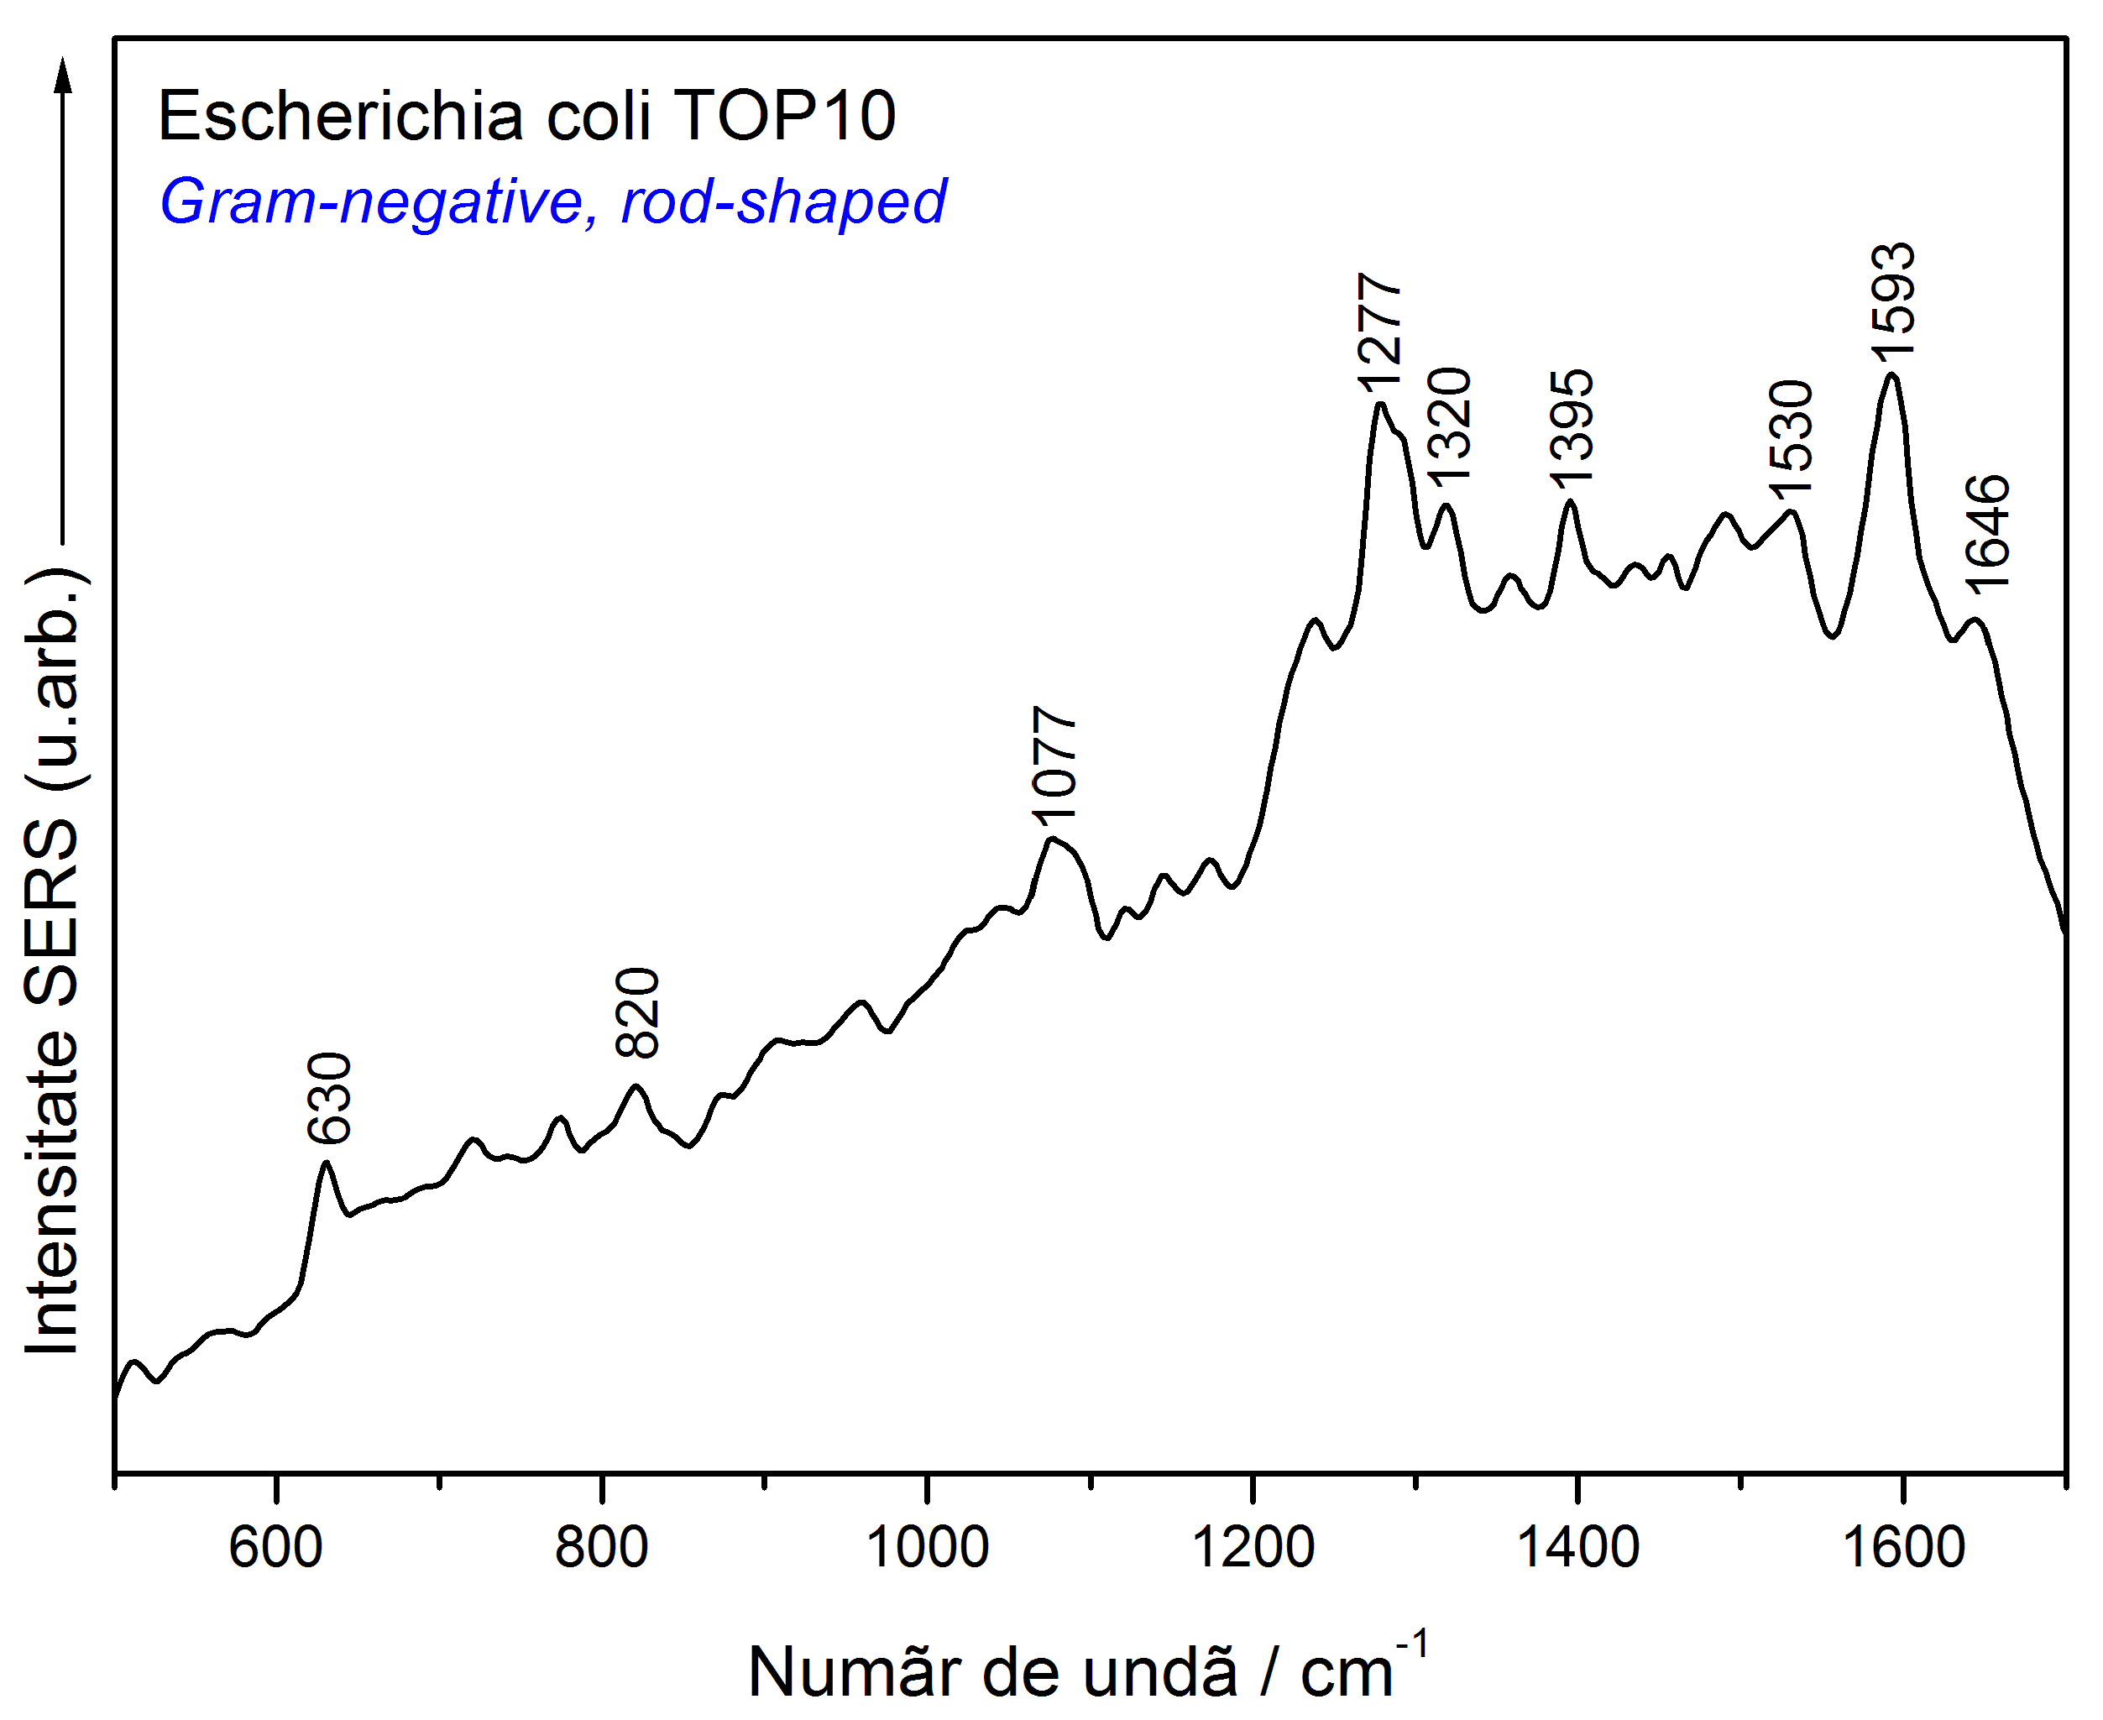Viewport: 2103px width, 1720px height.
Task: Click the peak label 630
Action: click(x=329, y=1098)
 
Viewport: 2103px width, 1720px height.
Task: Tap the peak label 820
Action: click(x=636, y=1012)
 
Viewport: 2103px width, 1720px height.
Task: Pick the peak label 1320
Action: click(x=1448, y=424)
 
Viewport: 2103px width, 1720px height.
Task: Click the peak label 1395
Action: click(x=1571, y=428)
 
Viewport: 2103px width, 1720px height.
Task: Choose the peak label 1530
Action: click(x=1791, y=437)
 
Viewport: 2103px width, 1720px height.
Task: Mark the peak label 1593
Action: click(x=1893, y=299)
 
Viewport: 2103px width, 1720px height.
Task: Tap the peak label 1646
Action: click(x=1987, y=533)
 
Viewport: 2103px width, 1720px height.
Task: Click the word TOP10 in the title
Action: click(x=785, y=116)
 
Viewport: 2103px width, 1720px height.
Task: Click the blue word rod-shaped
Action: click(x=783, y=202)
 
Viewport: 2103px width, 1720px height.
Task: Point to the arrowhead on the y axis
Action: click(x=64, y=76)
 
